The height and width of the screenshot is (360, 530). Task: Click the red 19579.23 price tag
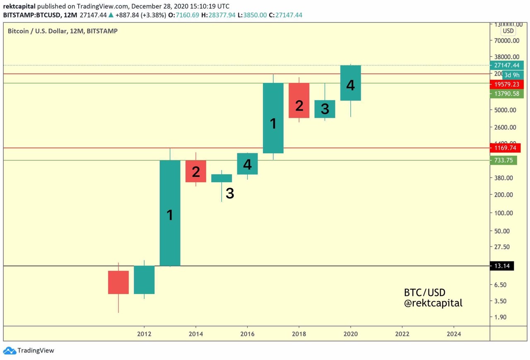(x=506, y=84)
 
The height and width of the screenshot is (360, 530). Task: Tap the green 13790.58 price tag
(x=506, y=94)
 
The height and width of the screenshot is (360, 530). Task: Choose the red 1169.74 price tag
(x=505, y=148)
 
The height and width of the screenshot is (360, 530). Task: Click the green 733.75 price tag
(x=503, y=160)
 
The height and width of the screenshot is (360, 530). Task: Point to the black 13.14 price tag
(x=501, y=266)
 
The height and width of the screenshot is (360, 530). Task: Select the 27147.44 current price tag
(x=506, y=65)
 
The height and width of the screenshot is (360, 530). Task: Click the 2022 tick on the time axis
(x=402, y=334)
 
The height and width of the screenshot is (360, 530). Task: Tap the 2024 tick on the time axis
(x=454, y=334)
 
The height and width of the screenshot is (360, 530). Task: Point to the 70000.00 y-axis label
(x=505, y=41)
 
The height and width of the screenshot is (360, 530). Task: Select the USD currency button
(x=508, y=31)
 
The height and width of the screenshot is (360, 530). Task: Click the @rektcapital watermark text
(x=433, y=303)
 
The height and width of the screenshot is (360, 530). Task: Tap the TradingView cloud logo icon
(x=10, y=350)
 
